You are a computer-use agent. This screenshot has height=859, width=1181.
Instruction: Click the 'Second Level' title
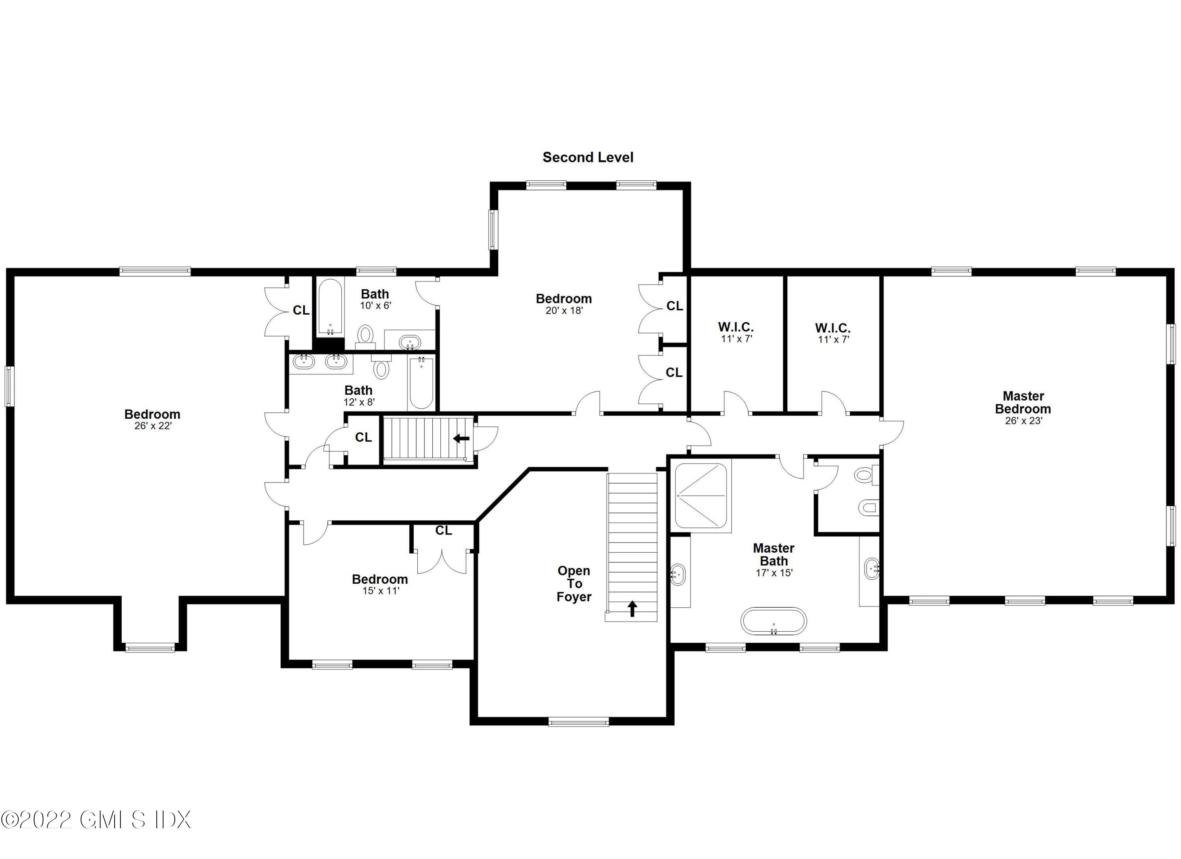(588, 157)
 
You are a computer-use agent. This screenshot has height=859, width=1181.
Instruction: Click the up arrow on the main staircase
(632, 609)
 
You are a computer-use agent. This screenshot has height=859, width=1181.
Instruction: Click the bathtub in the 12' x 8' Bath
(421, 383)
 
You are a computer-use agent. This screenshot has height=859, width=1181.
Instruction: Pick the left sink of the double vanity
(304, 362)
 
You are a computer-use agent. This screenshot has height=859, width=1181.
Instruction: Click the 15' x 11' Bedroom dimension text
(381, 591)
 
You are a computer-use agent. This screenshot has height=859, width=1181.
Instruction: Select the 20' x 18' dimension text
(564, 310)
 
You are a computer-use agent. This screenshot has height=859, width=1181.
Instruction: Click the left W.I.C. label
(736, 327)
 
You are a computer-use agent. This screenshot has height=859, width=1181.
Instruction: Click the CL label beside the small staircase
(363, 437)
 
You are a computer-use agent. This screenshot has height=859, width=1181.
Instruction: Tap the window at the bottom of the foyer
(579, 722)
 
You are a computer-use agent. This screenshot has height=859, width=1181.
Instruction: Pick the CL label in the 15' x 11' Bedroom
(444, 530)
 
